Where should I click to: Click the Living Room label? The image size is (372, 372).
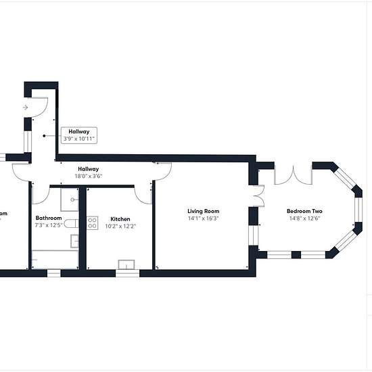pos(204,211)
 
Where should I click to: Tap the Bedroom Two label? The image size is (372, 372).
pos(304,211)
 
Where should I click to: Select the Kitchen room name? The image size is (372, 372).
pos(120,219)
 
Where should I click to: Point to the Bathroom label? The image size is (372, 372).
pos(49,218)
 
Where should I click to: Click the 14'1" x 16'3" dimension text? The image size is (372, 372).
pos(204,218)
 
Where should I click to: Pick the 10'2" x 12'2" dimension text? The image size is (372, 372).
pos(120,226)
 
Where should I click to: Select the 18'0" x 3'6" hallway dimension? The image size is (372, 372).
pos(89,176)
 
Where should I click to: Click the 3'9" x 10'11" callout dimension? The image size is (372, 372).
pos(79,139)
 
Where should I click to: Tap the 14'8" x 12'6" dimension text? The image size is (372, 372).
pos(304,218)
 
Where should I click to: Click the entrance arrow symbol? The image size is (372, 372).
pos(25,108)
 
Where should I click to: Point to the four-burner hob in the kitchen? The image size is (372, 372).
pos(92,223)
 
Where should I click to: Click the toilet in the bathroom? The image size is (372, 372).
pos(71,223)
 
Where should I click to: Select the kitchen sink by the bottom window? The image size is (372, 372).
pos(126,264)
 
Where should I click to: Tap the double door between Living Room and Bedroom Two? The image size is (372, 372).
pos(260,196)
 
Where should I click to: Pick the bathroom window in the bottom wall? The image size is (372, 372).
pos(54,273)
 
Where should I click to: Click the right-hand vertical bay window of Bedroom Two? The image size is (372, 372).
pos(358,210)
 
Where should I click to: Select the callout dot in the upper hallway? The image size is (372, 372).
pos(44,136)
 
